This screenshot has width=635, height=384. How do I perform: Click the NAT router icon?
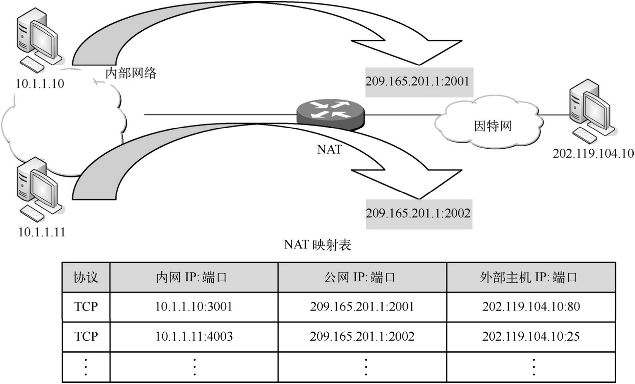click(331, 112)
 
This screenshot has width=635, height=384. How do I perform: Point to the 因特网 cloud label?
click(492, 125)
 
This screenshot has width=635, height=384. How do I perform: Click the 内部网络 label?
click(131, 73)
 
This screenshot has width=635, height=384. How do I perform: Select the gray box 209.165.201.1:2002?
click(418, 213)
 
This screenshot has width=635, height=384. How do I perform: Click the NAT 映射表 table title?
click(317, 245)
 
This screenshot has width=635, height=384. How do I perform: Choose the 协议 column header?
click(86, 277)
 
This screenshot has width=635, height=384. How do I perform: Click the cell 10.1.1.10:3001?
click(194, 307)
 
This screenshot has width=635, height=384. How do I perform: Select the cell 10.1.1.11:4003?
click(194, 336)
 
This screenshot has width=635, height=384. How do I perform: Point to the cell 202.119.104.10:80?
click(531, 307)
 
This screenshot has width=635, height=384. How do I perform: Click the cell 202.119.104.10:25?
click(531, 336)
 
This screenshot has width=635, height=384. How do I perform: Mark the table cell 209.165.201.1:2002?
click(362, 336)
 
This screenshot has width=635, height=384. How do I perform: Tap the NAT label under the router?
click(329, 149)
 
